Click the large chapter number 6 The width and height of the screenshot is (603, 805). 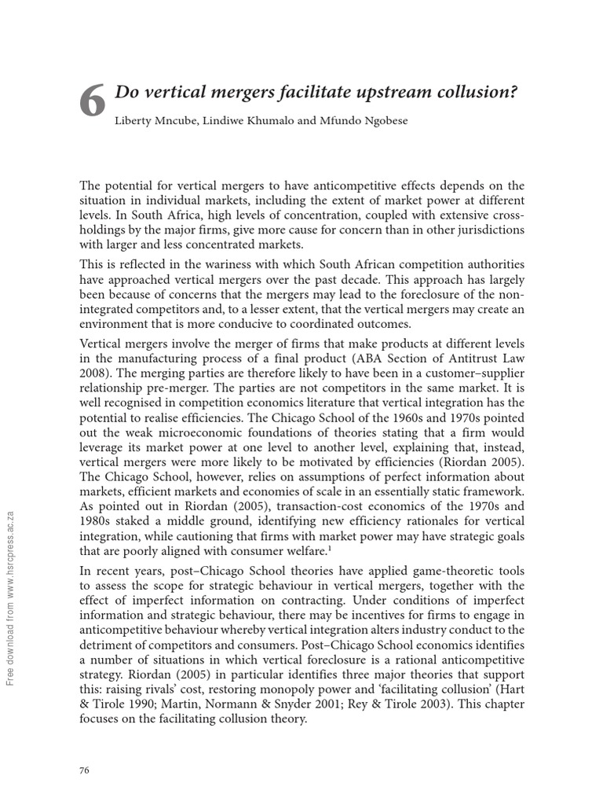click(x=93, y=103)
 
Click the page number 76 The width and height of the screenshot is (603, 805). click(x=85, y=770)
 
